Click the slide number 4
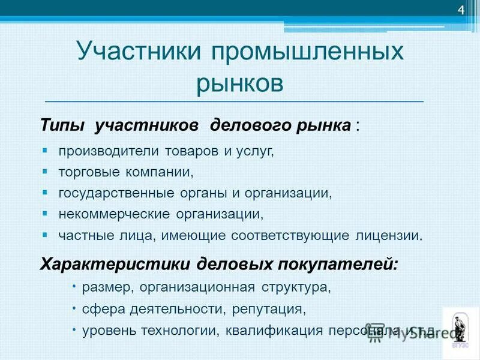[x=461, y=10]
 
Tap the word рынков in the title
[x=239, y=82]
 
